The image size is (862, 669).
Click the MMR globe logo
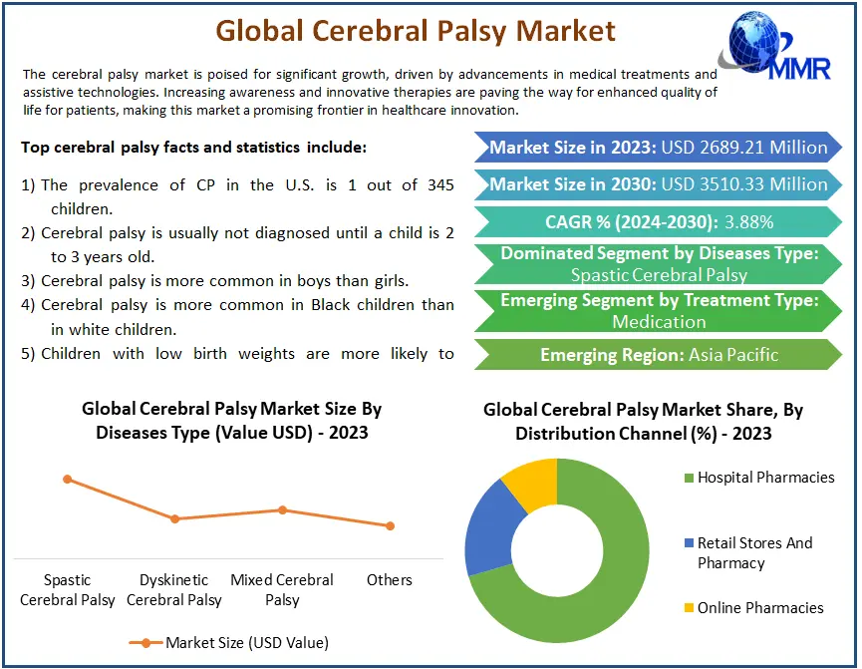coord(774,46)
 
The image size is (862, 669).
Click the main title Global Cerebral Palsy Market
coord(416,31)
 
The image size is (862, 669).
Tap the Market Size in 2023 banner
coord(658,147)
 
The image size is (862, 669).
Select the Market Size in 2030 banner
coord(658,184)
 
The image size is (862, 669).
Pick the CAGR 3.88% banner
coord(658,221)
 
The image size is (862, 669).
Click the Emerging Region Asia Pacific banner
coord(658,354)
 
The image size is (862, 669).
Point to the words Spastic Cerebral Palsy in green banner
coord(659,274)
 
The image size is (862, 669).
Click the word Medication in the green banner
coord(659,321)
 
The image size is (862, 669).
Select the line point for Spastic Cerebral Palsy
coord(67,480)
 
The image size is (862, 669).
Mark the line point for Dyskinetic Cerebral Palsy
coord(174,518)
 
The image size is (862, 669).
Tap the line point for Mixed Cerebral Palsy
coord(282,510)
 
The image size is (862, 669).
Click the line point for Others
coord(390,526)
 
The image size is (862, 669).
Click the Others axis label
coord(390,580)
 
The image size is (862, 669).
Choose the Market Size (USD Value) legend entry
coord(228,643)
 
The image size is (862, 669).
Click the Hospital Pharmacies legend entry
coord(759,477)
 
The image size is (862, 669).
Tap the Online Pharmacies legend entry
coord(753,608)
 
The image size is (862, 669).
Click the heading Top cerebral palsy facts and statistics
coord(193,148)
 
